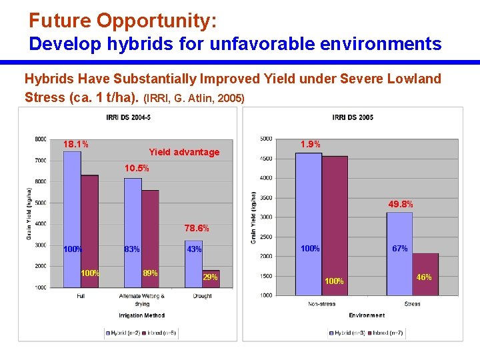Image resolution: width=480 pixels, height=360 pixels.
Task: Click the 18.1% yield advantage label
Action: coord(76,144)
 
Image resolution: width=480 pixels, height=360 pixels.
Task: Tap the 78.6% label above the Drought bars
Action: coord(197,228)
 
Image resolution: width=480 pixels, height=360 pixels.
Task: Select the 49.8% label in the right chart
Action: coord(401,204)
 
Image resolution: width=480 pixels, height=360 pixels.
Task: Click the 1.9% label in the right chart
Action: coord(310,144)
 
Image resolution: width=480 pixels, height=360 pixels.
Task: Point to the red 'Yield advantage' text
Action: coord(184,152)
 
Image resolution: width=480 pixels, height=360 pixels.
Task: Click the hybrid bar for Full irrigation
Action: coord(72,220)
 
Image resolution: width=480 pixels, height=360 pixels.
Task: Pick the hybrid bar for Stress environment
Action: coord(399,254)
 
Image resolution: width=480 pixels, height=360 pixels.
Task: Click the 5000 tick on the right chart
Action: coord(265,139)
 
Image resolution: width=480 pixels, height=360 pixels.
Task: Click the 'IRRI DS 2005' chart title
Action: coord(353,118)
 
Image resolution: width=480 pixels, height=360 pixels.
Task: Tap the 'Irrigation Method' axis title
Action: coord(142,315)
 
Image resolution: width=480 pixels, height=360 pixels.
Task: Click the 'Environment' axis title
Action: coord(366,315)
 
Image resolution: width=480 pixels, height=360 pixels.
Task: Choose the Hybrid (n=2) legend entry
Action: coord(124,331)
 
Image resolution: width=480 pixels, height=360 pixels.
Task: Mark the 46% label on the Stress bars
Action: coord(424,277)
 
